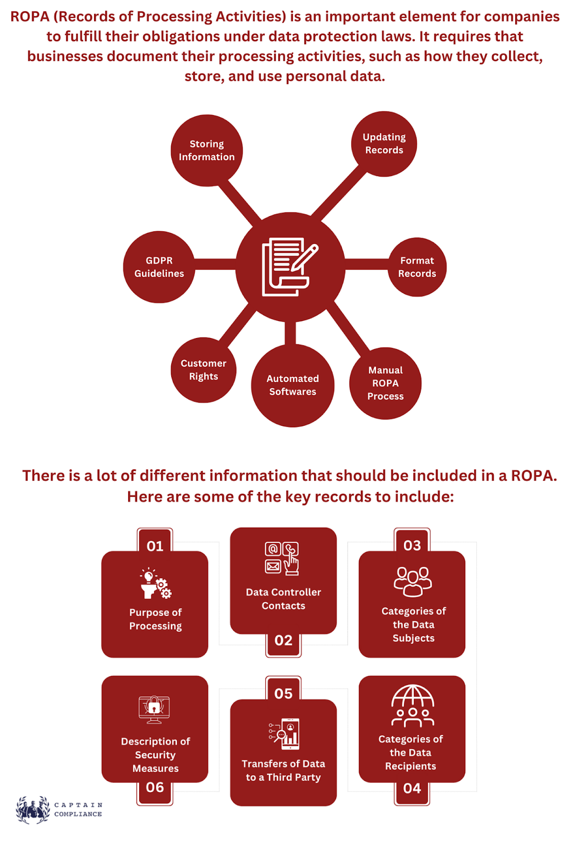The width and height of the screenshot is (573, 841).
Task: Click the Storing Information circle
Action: point(207,150)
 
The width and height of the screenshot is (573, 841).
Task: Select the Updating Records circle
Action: point(384,144)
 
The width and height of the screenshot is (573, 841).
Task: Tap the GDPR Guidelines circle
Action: point(159,267)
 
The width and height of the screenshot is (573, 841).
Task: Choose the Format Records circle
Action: point(417,267)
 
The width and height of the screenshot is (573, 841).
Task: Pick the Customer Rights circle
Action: point(203,370)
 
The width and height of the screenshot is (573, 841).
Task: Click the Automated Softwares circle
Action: point(293,386)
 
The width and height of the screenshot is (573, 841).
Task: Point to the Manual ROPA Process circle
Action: point(386,383)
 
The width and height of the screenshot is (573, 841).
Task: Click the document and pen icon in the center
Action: point(290,266)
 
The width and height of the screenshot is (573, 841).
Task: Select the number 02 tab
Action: point(283,644)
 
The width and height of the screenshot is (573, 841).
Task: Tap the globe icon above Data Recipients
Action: point(413,705)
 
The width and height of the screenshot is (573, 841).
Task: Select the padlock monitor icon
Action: point(154,709)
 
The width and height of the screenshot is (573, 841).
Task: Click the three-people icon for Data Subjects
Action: point(413,581)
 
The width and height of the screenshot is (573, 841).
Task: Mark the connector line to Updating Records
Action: point(338,193)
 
